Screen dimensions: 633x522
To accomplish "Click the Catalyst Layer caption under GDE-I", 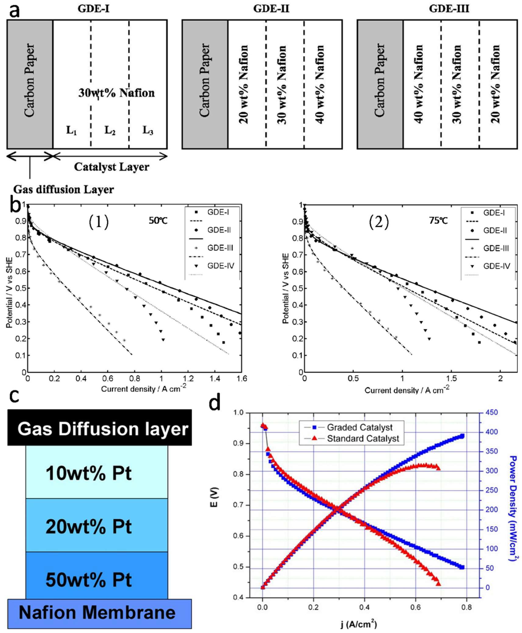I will pos(112,167).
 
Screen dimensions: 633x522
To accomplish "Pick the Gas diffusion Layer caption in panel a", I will pos(64,190).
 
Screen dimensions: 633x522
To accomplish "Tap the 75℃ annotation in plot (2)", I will pos(438,221).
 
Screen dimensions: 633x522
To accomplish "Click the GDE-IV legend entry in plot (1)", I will pos(220,266).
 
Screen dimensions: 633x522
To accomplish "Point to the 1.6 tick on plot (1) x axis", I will pos(241,379).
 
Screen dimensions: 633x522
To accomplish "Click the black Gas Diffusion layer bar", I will pos(99,429).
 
